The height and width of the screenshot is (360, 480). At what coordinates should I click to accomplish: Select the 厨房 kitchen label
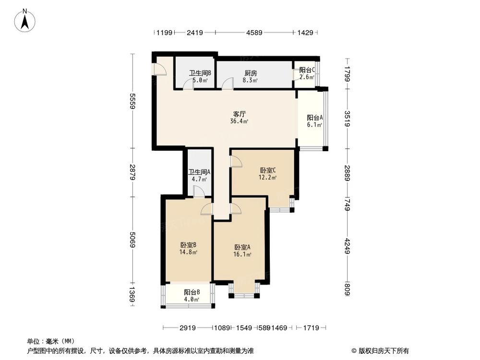click(x=251, y=73)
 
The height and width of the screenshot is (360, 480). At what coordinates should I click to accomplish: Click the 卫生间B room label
click(x=200, y=73)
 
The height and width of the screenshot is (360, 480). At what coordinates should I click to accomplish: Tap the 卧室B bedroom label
click(x=189, y=245)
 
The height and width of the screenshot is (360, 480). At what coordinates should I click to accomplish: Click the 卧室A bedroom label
click(x=242, y=248)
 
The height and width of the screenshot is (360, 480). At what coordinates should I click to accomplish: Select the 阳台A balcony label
click(x=315, y=118)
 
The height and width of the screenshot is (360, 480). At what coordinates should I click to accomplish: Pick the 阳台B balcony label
click(x=192, y=292)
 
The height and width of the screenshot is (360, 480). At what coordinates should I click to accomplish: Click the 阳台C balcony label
click(x=307, y=70)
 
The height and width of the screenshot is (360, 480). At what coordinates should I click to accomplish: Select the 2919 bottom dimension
click(x=188, y=328)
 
